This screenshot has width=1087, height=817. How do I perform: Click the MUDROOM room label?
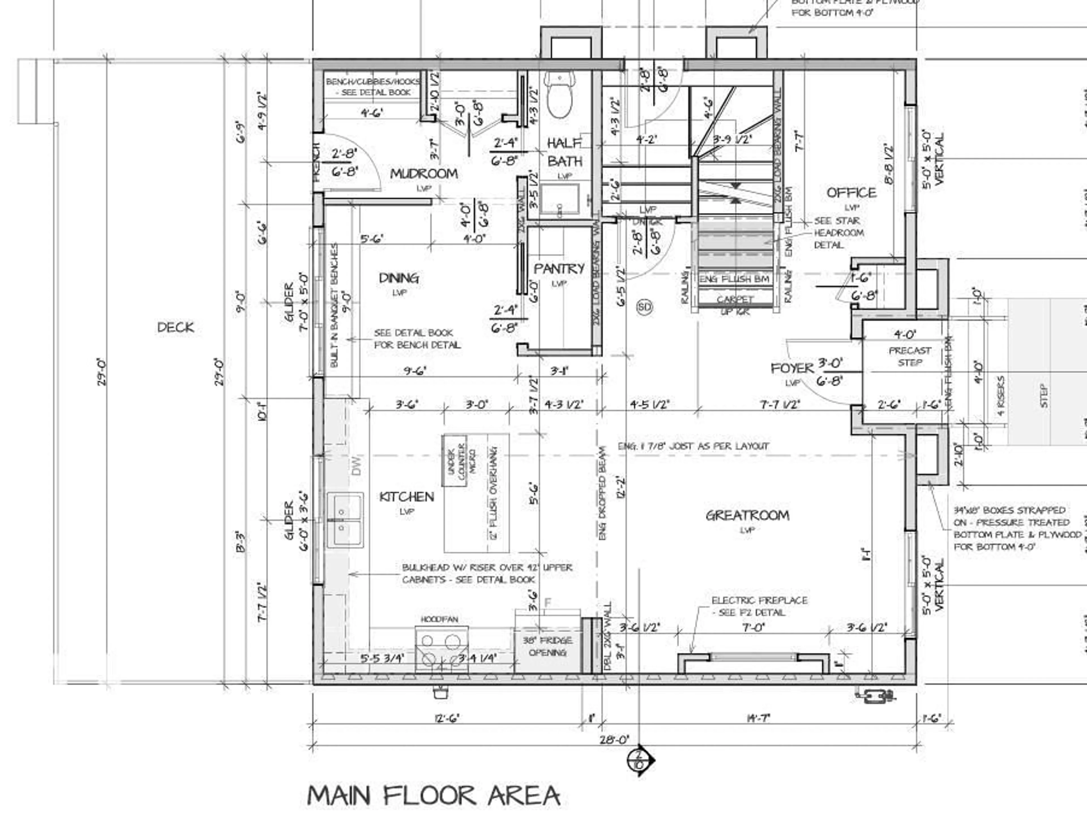[x=423, y=174]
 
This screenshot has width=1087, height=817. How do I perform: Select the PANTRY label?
[x=559, y=269]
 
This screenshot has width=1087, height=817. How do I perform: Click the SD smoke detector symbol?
[x=644, y=307]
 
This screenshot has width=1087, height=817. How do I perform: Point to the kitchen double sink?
[x=345, y=519]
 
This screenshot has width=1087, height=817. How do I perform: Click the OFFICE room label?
[x=851, y=193]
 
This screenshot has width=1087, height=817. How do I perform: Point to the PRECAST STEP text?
[x=910, y=356]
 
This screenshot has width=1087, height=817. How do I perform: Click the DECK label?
[x=176, y=327]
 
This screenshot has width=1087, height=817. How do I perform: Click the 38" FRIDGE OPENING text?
[x=547, y=646]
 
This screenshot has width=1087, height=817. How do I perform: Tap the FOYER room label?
[x=792, y=368]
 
